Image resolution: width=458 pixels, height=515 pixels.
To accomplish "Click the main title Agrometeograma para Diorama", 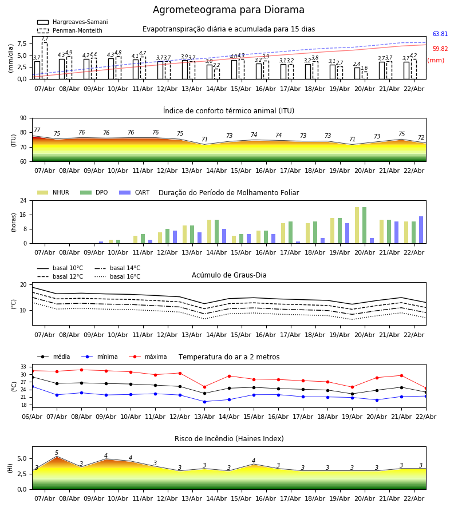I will pyautogui.click(x=228, y=10).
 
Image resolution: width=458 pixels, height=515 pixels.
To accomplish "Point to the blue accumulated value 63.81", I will pyautogui.click(x=440, y=34).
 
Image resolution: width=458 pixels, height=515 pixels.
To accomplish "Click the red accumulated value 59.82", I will pyautogui.click(x=440, y=49).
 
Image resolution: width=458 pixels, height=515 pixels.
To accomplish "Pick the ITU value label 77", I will pyautogui.click(x=37, y=130).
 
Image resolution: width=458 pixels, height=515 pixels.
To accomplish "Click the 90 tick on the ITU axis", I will pyautogui.click(x=23, y=118).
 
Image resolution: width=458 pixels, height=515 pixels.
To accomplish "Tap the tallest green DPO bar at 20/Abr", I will pyautogui.click(x=364, y=225).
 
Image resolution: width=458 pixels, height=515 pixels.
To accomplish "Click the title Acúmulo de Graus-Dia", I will pyautogui.click(x=229, y=275).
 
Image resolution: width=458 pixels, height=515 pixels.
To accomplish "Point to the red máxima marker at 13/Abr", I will pyautogui.click(x=204, y=387).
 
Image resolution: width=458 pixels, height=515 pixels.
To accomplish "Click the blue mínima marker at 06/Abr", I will pyautogui.click(x=32, y=386).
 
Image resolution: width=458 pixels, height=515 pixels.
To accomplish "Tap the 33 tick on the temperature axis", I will pyautogui.click(x=23, y=367).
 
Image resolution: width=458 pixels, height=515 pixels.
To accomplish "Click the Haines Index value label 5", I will pyautogui.click(x=57, y=453).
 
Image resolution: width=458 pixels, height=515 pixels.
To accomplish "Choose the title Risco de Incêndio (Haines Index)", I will pyautogui.click(x=229, y=439).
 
